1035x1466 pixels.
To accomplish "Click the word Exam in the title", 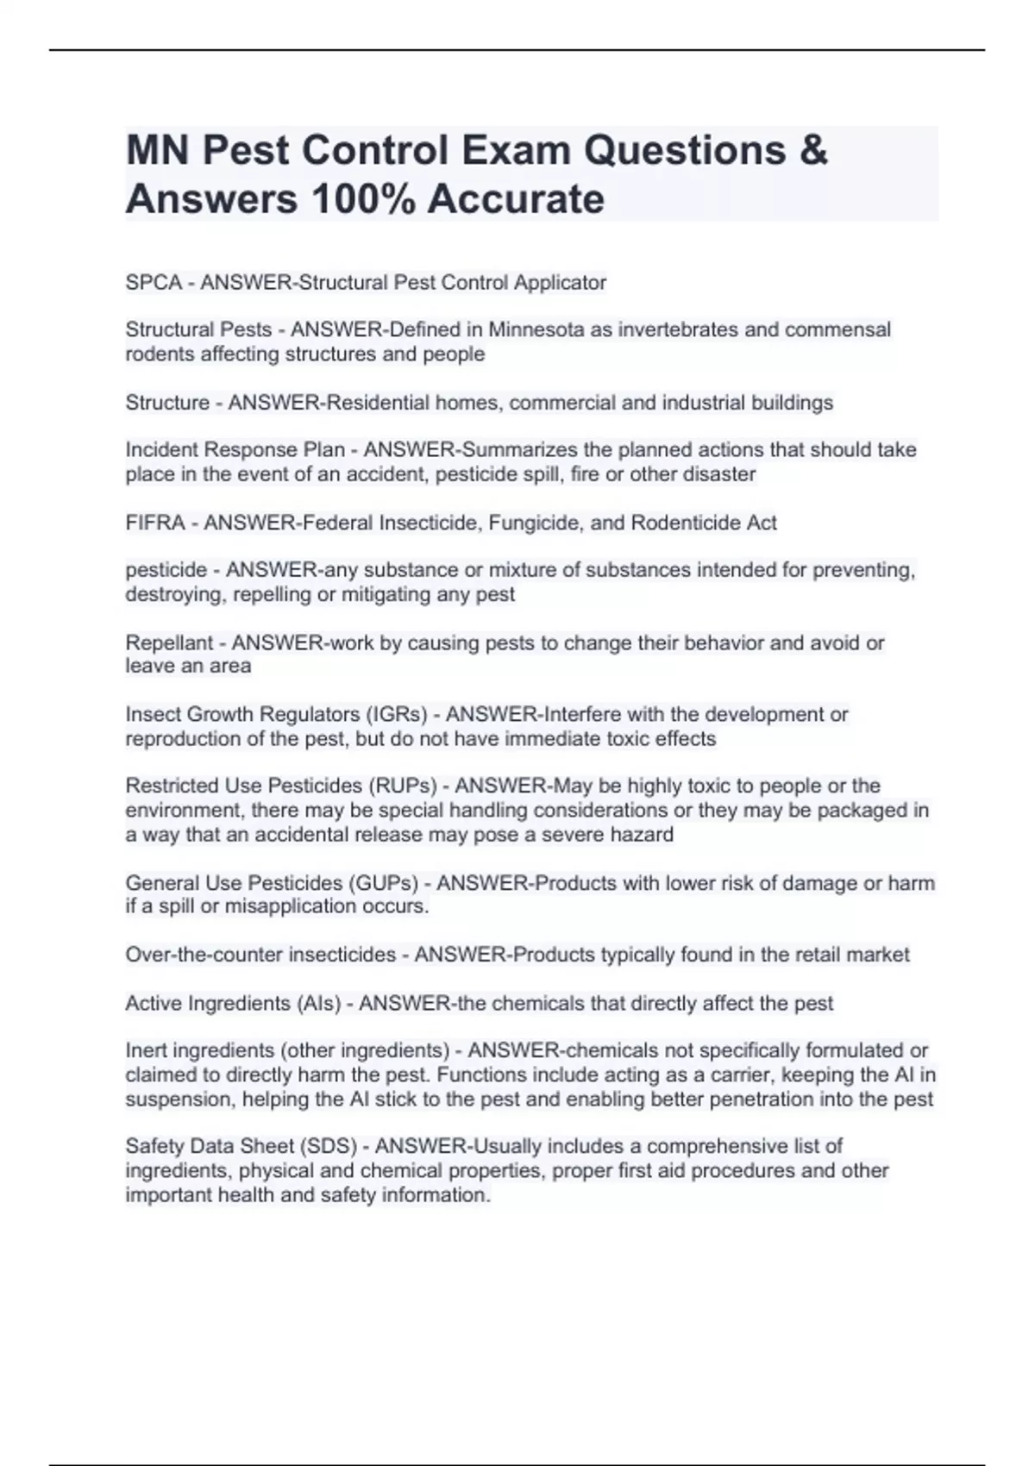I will tap(516, 151).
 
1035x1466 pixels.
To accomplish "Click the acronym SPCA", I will tap(154, 283).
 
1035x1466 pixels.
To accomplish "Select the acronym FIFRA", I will tap(155, 523).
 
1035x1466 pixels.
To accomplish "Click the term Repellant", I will tap(169, 642).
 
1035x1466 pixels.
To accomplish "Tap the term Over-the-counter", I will tap(204, 955).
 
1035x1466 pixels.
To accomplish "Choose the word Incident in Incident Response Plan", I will tap(161, 450).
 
